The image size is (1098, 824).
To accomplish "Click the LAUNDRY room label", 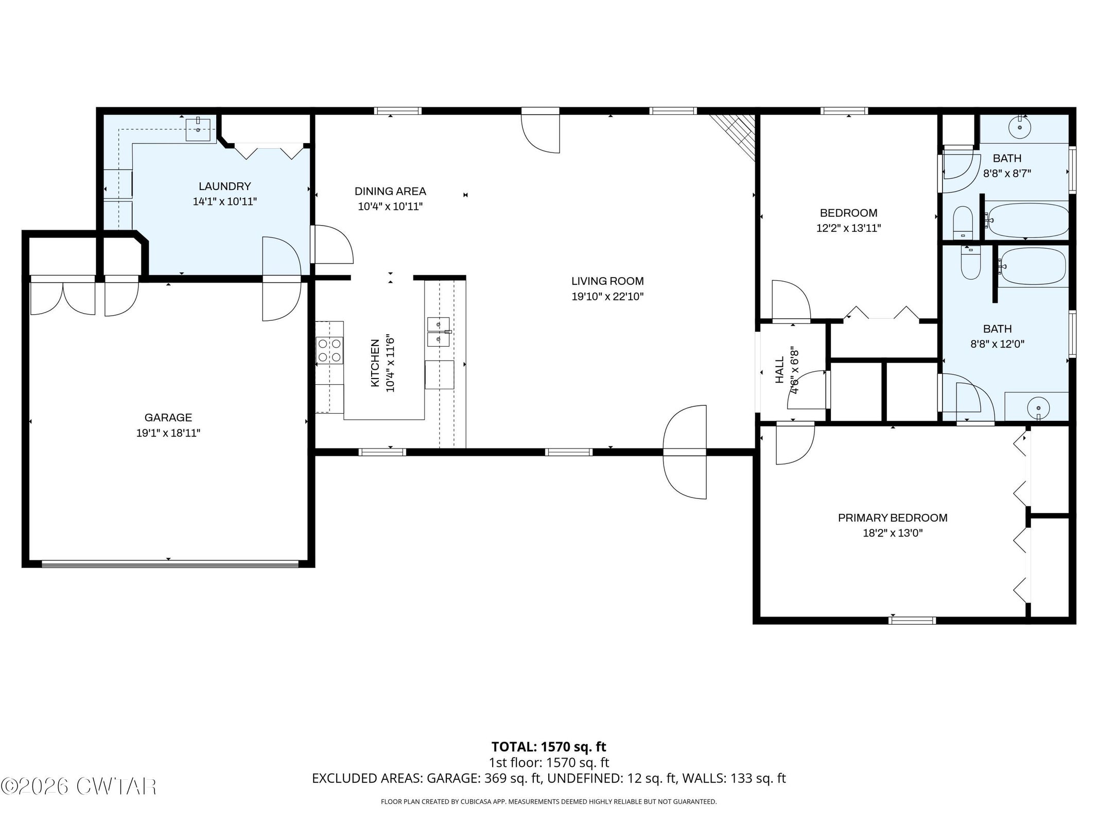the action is [224, 186].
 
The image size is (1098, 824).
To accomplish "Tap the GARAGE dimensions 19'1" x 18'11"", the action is [168, 433].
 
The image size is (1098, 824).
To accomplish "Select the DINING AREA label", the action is [390, 192].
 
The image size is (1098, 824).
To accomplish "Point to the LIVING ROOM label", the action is [607, 281].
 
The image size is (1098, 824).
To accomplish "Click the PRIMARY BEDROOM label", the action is [893, 518].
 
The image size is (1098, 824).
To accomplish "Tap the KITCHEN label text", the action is [375, 363].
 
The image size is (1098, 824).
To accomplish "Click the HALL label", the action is [779, 370].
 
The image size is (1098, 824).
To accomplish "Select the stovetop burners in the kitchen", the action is [329, 350].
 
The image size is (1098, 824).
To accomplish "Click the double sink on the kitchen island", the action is [439, 332].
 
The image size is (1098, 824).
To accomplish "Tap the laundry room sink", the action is [198, 129].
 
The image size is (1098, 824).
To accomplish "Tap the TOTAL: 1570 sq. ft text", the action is [549, 747].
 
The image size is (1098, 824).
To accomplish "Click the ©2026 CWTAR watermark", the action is [79, 786].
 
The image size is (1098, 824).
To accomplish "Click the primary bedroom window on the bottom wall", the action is [912, 621].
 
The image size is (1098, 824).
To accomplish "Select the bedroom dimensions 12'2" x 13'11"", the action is [848, 228].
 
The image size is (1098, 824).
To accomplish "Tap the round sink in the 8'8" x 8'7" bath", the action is [1019, 127].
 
